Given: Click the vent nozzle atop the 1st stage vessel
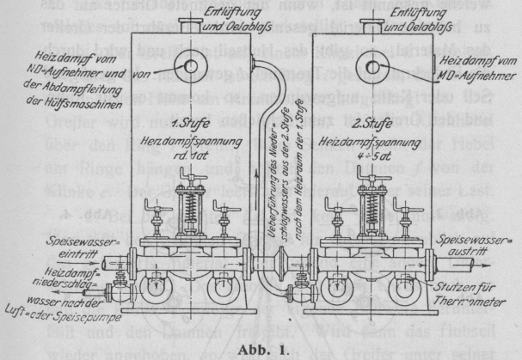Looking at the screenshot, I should click(x=189, y=12).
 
